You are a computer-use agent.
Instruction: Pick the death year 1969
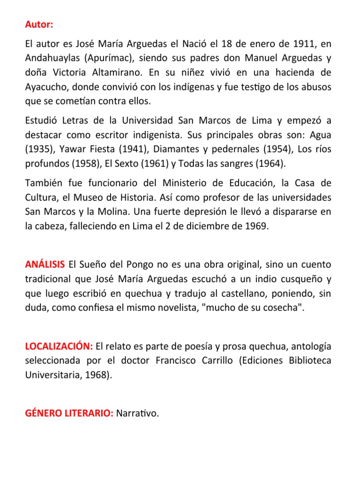click(256, 226)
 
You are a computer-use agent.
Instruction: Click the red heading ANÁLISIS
click(45, 264)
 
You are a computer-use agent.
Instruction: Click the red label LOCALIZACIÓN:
click(59, 346)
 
